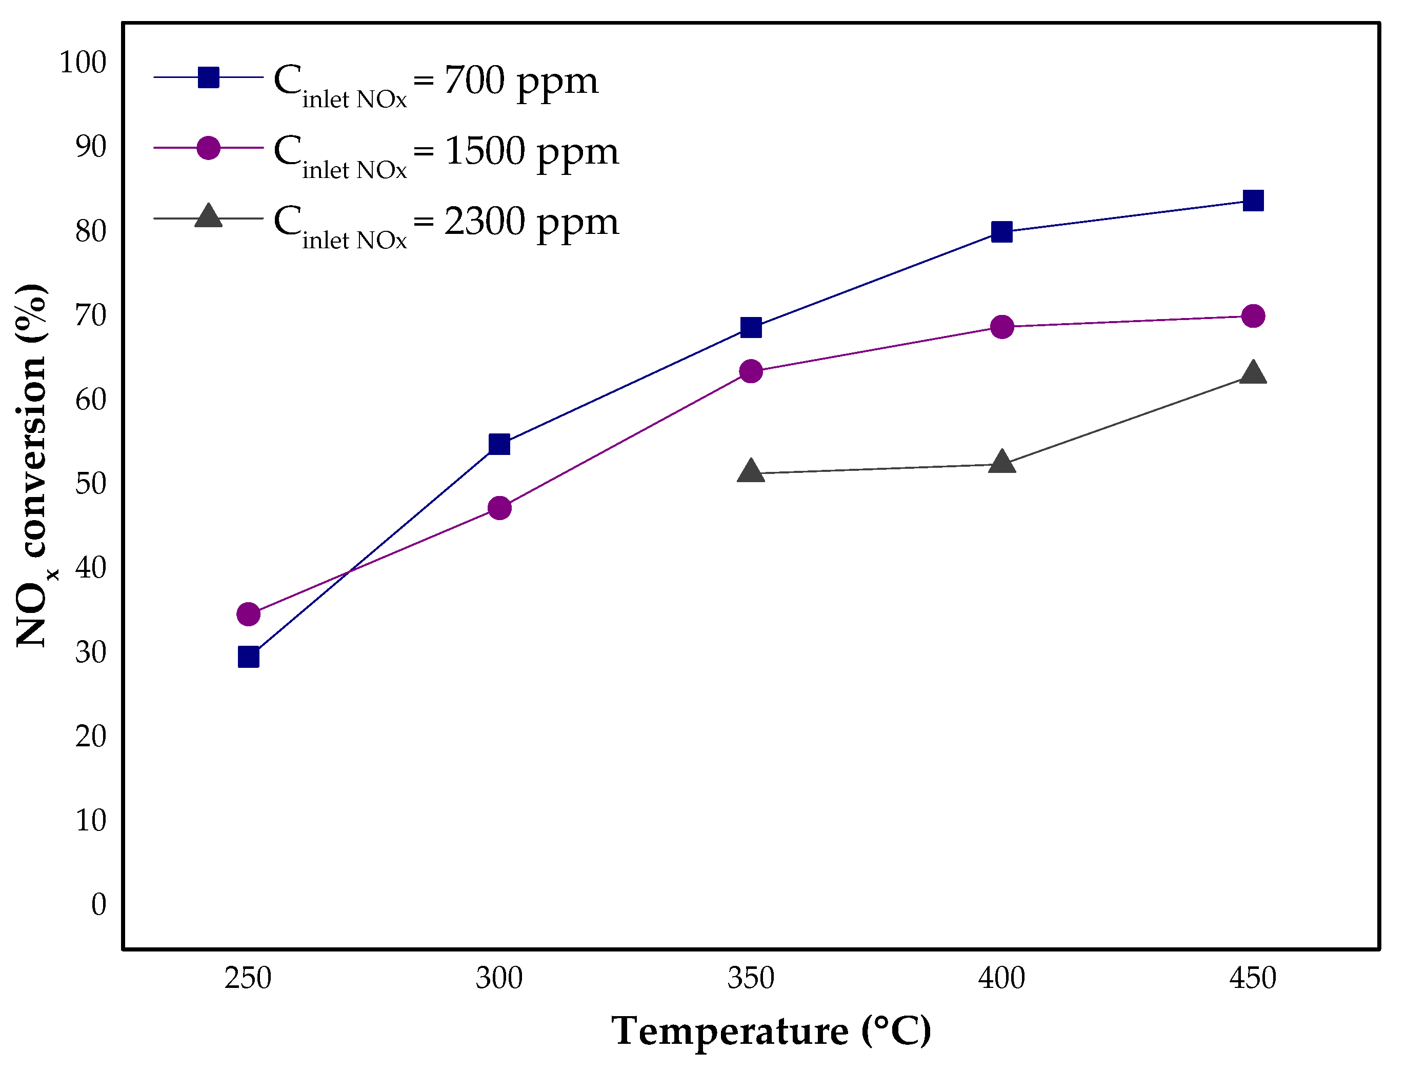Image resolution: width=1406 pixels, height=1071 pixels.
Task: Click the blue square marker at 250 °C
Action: click(249, 657)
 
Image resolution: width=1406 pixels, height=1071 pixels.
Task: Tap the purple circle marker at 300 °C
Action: click(499, 508)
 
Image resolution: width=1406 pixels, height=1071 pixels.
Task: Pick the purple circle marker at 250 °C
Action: click(249, 614)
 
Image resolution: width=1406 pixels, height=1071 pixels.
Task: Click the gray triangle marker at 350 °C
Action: click(751, 471)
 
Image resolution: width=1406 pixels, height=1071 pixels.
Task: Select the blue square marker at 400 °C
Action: click(1002, 231)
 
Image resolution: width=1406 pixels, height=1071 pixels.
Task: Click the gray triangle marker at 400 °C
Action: click(1002, 462)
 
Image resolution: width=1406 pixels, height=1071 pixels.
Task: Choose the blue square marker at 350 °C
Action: click(751, 327)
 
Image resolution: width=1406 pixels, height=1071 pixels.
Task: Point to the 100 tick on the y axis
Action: click(83, 63)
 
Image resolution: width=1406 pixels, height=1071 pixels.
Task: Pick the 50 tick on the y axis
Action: click(91, 483)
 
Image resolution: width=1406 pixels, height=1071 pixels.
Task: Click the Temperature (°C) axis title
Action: click(771, 1031)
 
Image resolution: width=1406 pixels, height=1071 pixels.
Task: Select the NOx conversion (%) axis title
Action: click(32, 465)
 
